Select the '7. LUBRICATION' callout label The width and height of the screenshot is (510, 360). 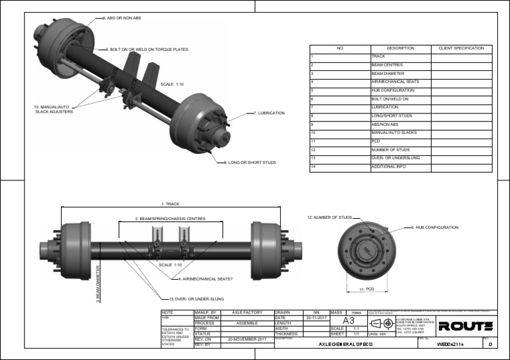[x=270, y=113]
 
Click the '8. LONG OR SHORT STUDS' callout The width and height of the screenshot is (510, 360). [x=250, y=162]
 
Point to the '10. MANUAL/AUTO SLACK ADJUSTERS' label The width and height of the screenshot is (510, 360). [x=54, y=109]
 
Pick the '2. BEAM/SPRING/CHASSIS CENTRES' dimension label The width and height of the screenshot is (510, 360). [x=171, y=218]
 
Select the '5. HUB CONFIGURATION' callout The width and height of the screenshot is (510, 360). [x=435, y=227]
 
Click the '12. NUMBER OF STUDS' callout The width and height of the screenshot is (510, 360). [x=329, y=217]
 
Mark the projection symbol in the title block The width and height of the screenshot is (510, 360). [x=382, y=323]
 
